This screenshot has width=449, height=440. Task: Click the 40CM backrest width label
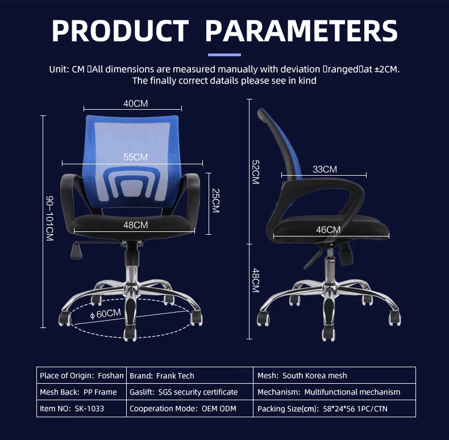(135, 103)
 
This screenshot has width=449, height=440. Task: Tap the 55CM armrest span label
(135, 157)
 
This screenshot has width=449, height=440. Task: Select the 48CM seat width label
(135, 225)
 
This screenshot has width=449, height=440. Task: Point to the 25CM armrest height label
(215, 201)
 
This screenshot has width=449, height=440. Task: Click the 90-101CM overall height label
(50, 218)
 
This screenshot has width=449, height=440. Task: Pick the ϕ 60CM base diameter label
(105, 314)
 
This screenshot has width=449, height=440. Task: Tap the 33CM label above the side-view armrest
(325, 169)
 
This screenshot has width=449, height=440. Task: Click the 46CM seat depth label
(328, 230)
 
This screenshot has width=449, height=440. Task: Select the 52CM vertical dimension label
(255, 172)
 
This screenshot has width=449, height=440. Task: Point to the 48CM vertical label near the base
(255, 280)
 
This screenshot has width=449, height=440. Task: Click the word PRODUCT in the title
(120, 31)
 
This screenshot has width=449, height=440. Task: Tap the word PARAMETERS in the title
(302, 31)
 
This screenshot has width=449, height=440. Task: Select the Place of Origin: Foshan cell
(82, 375)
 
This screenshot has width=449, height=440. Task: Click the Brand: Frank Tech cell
(190, 375)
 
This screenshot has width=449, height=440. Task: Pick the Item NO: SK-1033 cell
(82, 409)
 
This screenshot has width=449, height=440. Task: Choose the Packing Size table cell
(334, 409)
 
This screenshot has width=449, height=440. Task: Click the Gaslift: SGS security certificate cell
(190, 392)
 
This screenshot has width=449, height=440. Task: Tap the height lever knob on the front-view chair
(76, 251)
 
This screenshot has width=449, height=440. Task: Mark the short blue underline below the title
(224, 55)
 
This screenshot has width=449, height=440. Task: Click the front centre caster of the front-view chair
(130, 334)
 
